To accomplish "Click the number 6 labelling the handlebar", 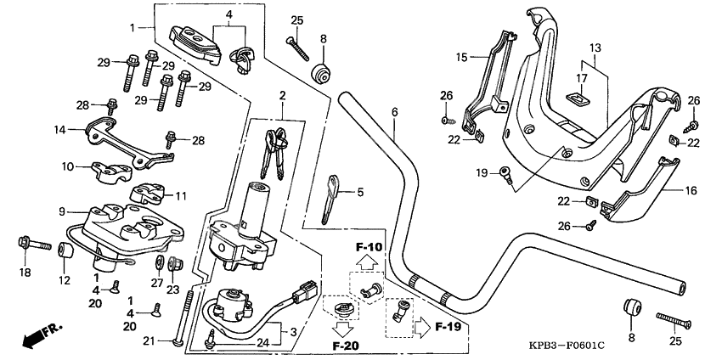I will click(x=394, y=112).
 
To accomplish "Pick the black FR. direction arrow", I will click(x=35, y=335).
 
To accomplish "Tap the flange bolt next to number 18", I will click(x=25, y=246).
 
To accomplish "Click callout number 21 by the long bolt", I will click(x=148, y=340).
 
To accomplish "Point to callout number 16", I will click(x=691, y=191).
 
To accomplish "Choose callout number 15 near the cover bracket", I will click(x=461, y=58).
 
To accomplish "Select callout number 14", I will click(x=59, y=130).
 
